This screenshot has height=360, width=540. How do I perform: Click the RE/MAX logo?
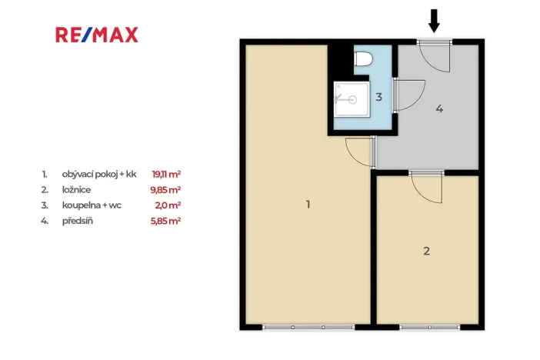point(96,35)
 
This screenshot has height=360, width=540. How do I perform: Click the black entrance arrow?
point(434,21)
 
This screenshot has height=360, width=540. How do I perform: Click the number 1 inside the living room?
point(308,205)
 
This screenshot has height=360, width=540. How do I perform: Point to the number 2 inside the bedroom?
point(426,251)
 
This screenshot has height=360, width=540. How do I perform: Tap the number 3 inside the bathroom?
point(378,97)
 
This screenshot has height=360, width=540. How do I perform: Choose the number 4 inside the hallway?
point(439,108)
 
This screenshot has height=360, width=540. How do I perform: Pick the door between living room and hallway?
point(360,151)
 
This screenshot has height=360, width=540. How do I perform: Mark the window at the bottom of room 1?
point(308,327)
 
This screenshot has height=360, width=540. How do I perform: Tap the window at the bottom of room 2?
point(427,327)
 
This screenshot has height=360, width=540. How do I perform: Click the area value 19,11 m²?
point(166,174)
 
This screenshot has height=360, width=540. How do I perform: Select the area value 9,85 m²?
point(166,189)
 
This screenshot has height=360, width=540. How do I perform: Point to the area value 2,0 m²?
point(168,205)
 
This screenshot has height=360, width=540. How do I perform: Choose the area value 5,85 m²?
point(166,221)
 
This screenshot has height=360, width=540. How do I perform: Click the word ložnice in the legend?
point(76,189)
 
